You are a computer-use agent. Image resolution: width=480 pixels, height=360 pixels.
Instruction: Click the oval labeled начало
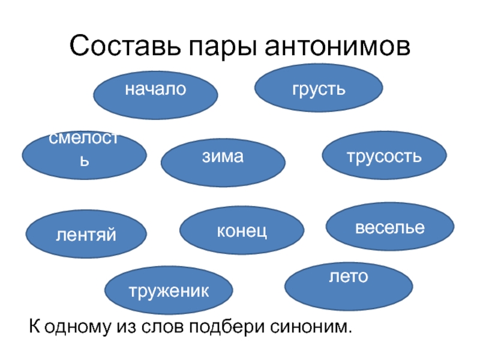(155, 95)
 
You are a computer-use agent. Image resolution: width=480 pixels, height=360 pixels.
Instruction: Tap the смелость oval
(85, 155)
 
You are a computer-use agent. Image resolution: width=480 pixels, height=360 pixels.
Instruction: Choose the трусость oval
(385, 156)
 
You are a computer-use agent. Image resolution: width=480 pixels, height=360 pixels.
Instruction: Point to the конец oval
(242, 231)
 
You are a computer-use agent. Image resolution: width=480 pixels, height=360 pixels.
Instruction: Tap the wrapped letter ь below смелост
(86, 162)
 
